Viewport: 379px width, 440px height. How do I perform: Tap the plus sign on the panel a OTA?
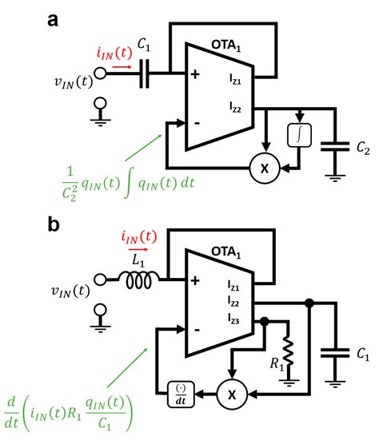click(x=194, y=76)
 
